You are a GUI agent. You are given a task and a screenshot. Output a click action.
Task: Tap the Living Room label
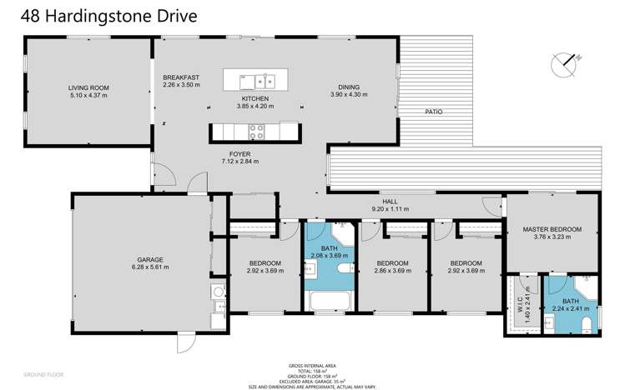click(88, 87)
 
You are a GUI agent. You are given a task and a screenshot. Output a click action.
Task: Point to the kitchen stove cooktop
click(255, 131)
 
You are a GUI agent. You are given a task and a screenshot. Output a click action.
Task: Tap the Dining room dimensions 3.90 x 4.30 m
click(348, 94)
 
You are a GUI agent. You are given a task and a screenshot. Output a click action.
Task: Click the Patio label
click(432, 111)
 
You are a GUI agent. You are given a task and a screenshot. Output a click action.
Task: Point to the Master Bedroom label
click(552, 229)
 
